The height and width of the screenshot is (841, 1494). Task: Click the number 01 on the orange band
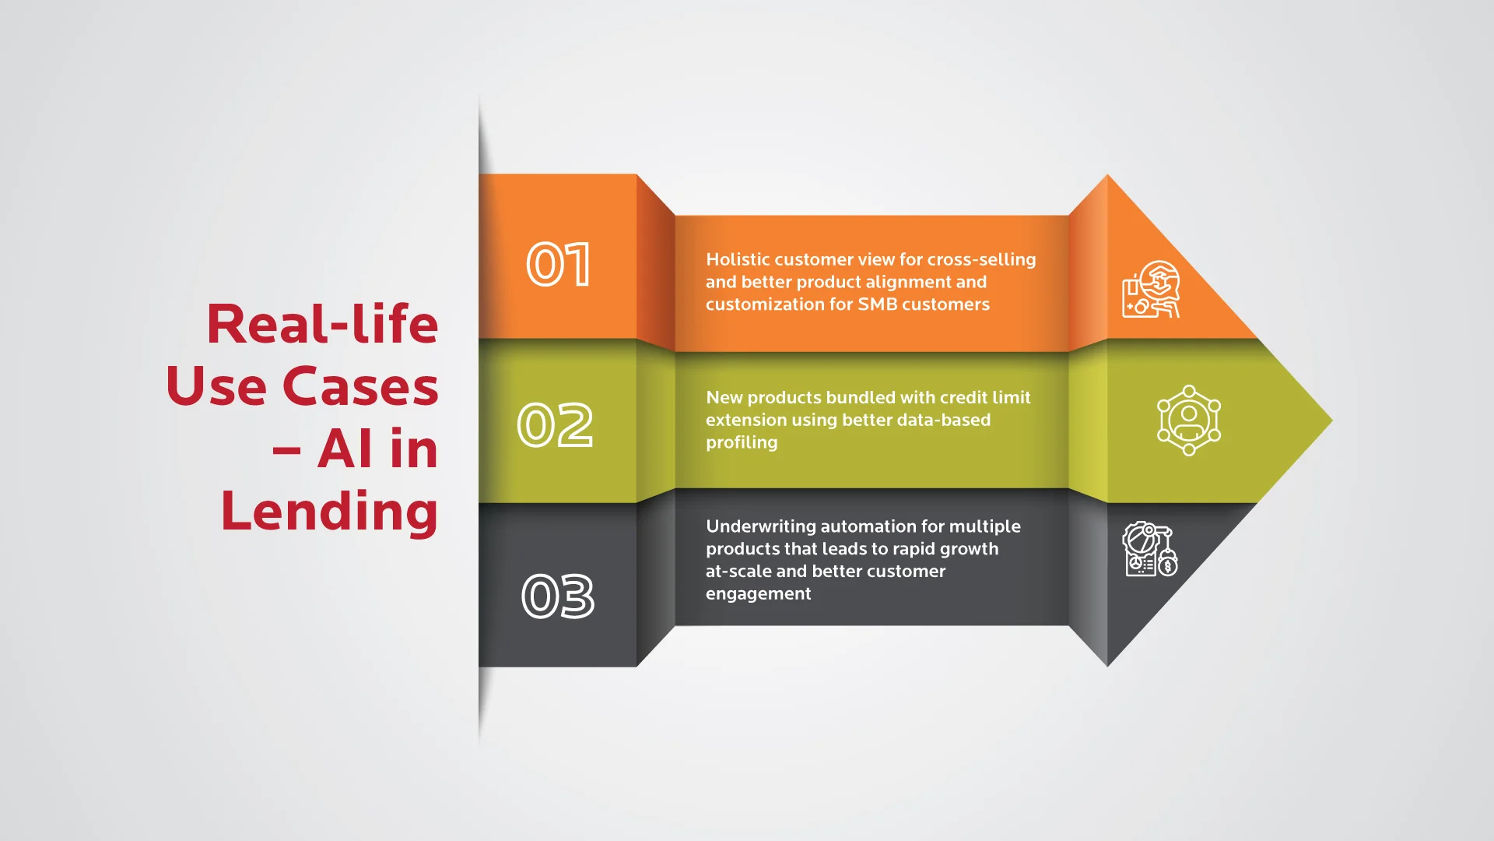pos(559,265)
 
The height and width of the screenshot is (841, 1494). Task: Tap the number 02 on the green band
pos(556,425)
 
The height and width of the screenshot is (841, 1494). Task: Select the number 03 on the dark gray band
pos(558,596)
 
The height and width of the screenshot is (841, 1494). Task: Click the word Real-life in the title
pos(322,324)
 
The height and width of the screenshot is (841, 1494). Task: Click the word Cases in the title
pos(360,386)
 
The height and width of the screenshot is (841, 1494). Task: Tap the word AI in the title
pos(345,449)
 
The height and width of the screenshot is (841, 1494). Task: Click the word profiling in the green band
pos(742,443)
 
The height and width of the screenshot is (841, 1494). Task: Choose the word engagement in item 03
pos(758,594)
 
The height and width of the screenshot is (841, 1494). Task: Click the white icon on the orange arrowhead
pos(1151,290)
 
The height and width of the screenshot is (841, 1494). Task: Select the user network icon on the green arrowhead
pos(1188,420)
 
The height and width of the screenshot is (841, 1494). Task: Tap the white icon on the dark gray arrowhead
pos(1149,550)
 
